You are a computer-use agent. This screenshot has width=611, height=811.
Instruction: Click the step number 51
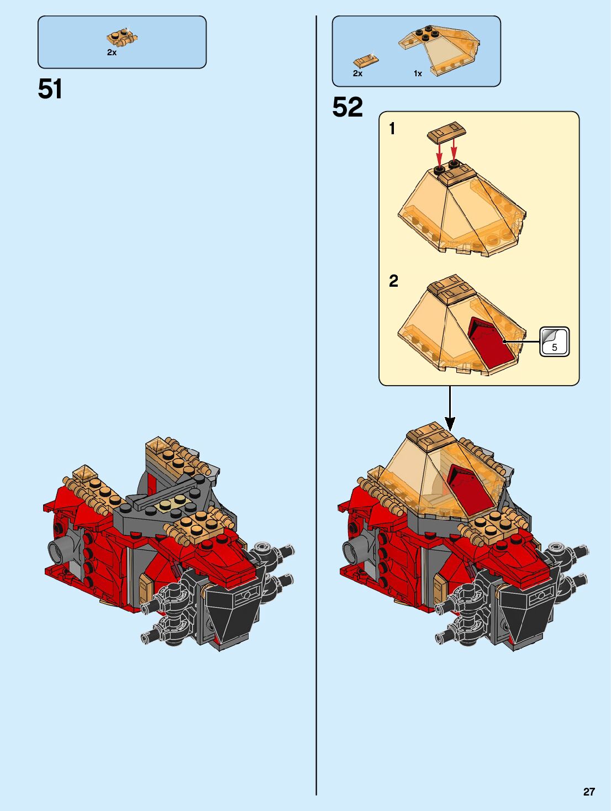point(50,89)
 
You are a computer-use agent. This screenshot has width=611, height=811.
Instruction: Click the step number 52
point(347,107)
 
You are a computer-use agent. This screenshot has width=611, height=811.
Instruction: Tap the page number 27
point(589,792)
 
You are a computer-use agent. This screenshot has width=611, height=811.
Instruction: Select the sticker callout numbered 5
point(554,342)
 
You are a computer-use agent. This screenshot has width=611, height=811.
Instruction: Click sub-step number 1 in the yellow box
point(392,129)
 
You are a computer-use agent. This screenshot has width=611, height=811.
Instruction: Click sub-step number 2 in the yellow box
point(393,281)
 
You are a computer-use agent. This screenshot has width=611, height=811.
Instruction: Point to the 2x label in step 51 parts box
point(112,52)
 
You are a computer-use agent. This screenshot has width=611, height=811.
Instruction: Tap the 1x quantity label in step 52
point(418,73)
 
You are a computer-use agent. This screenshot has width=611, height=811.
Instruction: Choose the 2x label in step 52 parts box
point(357,73)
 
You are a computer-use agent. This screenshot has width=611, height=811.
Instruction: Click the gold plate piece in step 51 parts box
point(122,39)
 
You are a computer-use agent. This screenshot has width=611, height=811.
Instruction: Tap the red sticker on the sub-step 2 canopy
point(492,344)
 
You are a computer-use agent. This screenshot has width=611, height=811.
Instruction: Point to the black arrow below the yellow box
point(450,409)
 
